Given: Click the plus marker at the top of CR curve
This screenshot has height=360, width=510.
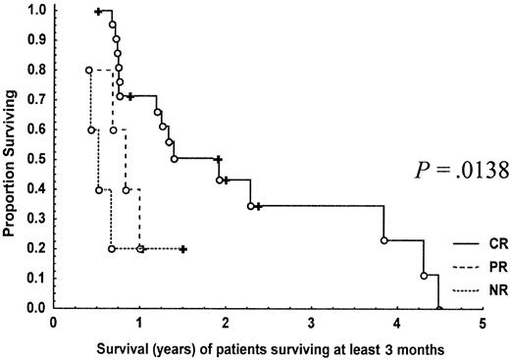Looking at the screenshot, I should click(x=98, y=11).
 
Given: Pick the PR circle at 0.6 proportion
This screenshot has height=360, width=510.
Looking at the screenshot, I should click(x=113, y=130).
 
